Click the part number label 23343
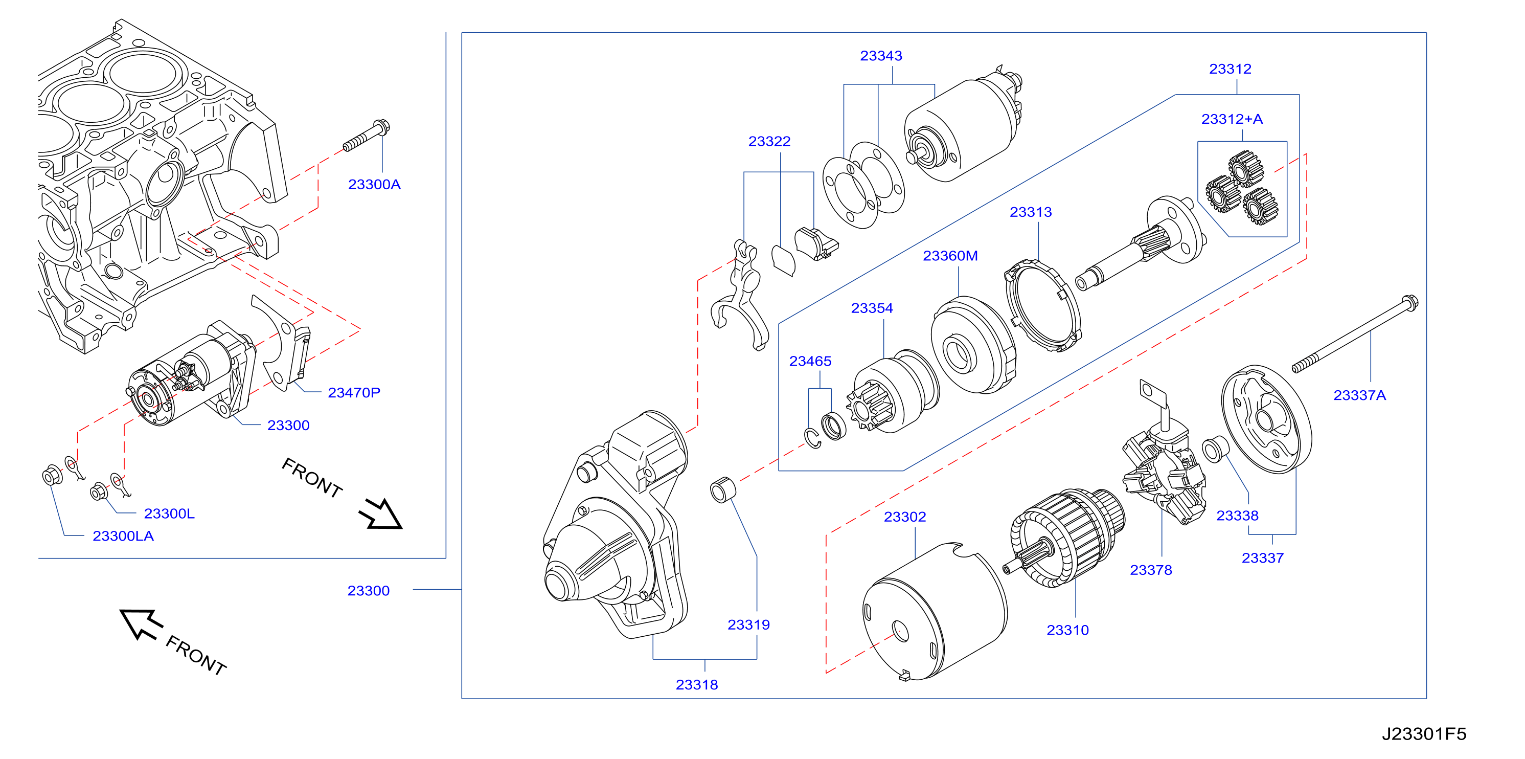[881, 56]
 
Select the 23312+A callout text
[1232, 119]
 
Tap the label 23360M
[950, 256]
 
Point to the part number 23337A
[1359, 395]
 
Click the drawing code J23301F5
[1424, 734]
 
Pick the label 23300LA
[123, 536]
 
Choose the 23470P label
[354, 392]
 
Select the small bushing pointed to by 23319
[723, 489]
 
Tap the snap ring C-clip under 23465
[812, 438]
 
